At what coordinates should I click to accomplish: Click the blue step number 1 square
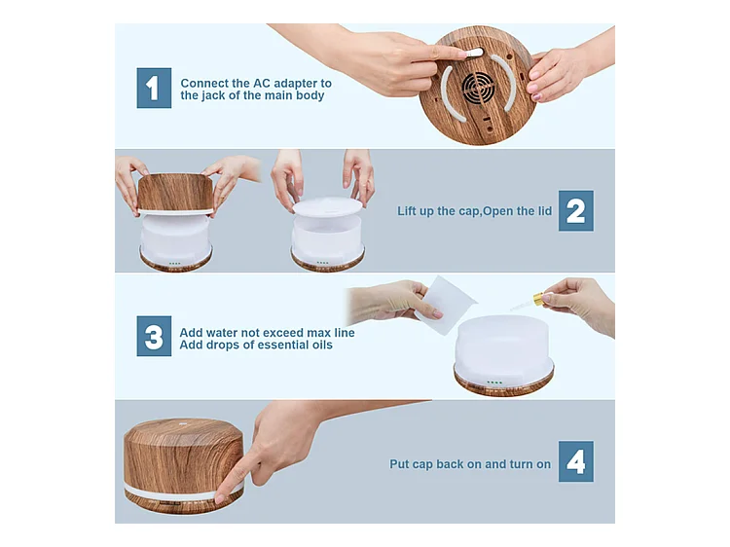pos(154,88)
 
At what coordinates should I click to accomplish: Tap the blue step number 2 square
pos(576,210)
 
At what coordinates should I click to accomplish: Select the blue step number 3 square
pos(154,336)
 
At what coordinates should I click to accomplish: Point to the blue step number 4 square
pos(576,461)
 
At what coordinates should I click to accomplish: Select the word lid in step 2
pos(545,211)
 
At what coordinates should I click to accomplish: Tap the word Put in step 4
pos(399,464)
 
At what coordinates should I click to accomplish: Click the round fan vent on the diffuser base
pos(478,87)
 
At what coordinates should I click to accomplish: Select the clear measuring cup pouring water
pos(445,305)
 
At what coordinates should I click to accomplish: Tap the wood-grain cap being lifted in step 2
pos(175,193)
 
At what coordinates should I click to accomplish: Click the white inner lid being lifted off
pos(327,206)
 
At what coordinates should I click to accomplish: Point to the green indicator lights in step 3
pos(494,383)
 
